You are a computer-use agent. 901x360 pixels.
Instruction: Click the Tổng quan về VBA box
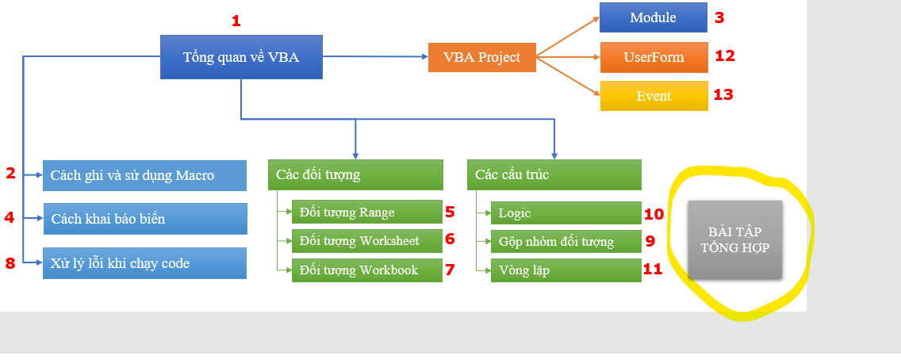[241, 57]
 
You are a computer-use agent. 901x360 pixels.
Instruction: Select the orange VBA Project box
[482, 57]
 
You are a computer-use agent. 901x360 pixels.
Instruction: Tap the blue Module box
[654, 17]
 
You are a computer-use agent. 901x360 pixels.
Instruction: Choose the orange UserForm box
[654, 57]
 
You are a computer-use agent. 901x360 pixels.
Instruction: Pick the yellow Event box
[654, 96]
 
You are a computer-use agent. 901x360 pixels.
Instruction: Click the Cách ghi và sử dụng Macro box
[145, 176]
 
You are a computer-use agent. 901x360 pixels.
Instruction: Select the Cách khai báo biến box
[145, 219]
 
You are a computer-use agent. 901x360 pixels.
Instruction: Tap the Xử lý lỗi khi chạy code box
[145, 263]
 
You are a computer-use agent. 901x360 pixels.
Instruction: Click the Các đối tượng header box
[355, 174]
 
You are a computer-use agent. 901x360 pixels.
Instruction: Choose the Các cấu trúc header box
[554, 174]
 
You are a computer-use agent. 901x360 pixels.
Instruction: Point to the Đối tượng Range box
[367, 212]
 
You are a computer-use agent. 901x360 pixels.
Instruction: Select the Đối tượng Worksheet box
[367, 240]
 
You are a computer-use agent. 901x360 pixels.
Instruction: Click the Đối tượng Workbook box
[367, 270]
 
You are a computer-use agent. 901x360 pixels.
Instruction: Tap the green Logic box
[566, 213]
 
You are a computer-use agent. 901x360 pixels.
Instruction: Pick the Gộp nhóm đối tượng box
[566, 242]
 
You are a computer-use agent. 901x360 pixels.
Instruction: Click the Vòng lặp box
[566, 270]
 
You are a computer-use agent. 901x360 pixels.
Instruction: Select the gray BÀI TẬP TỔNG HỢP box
[735, 240]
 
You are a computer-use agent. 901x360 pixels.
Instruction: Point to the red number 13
[723, 94]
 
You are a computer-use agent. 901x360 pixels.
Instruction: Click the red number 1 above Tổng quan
[236, 21]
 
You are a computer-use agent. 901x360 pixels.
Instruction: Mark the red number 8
[10, 263]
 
